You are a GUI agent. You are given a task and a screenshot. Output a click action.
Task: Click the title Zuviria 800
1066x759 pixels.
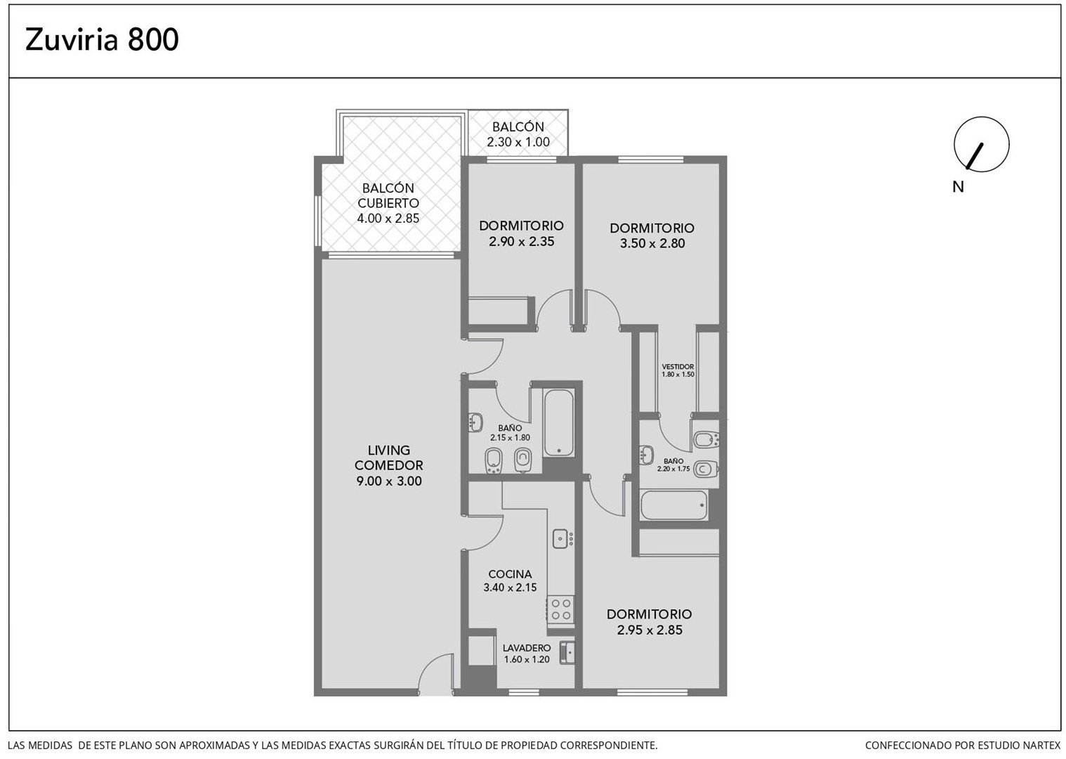click(x=102, y=39)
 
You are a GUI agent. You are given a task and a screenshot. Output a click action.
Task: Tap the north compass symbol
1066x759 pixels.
click(x=981, y=144)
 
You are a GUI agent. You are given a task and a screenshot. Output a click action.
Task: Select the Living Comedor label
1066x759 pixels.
click(x=389, y=458)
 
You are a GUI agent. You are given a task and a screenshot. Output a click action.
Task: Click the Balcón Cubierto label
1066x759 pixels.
click(x=388, y=195)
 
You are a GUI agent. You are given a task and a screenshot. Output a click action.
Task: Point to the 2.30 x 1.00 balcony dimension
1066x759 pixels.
click(x=518, y=142)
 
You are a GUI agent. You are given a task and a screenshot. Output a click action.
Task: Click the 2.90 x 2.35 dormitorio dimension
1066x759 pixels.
click(x=522, y=242)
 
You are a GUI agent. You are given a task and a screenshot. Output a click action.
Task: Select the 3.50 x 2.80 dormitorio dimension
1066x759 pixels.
click(x=652, y=243)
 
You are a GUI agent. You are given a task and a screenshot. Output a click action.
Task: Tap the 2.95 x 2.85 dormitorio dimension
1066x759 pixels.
click(x=650, y=630)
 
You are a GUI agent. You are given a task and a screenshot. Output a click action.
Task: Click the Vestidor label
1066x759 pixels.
click(x=678, y=367)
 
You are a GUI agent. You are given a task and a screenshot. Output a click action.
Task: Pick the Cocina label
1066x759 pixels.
click(x=510, y=574)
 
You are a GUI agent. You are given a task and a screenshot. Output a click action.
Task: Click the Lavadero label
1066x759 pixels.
click(x=527, y=648)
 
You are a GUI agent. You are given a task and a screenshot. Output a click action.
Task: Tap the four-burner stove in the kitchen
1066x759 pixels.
click(x=560, y=609)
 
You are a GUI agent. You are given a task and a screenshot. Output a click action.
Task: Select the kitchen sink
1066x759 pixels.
click(x=561, y=538)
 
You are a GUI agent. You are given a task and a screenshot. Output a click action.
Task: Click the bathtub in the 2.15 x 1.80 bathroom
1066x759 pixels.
click(x=559, y=423)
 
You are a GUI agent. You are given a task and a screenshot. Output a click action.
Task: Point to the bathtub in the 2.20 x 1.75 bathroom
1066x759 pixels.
click(x=674, y=505)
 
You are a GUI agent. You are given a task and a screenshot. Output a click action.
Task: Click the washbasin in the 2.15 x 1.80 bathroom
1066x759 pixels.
click(x=475, y=422)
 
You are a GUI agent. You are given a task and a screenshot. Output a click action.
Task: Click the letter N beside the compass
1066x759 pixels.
click(x=958, y=187)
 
